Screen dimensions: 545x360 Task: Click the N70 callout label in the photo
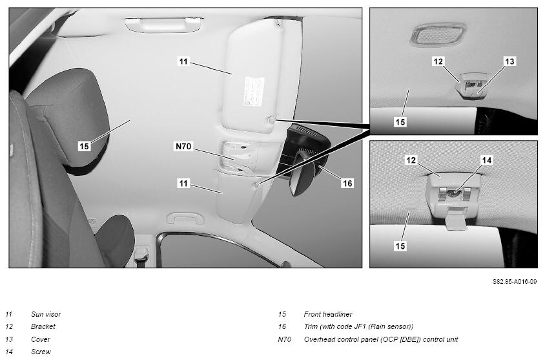[x=183, y=147]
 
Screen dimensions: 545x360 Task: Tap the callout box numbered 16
[x=347, y=184]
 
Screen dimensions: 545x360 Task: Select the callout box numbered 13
[x=509, y=61]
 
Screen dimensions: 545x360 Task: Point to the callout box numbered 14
[x=487, y=160]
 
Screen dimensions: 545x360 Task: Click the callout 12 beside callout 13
[x=438, y=61]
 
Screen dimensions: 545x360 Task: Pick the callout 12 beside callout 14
[x=411, y=160]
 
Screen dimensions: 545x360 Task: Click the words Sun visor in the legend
[x=46, y=314]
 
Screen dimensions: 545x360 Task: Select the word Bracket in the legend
[x=43, y=326]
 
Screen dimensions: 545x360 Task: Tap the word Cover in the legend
[x=41, y=339]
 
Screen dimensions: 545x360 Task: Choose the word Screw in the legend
[x=41, y=352]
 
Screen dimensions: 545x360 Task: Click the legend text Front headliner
[x=328, y=314]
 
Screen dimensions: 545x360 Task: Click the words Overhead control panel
[x=342, y=339]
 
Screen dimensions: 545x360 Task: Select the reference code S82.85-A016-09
[x=515, y=281]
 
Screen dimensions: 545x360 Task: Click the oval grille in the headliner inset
[x=438, y=34]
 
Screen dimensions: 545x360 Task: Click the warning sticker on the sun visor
[x=254, y=92]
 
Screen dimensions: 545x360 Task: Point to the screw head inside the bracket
[x=452, y=193]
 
